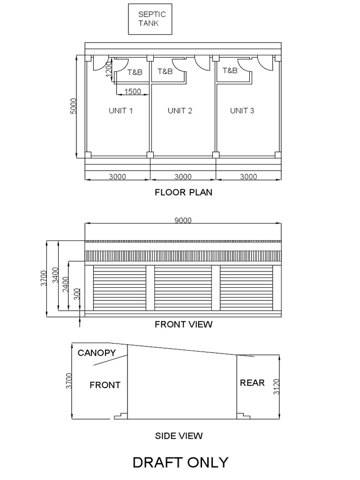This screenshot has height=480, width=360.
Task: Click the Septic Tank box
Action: click(150, 19)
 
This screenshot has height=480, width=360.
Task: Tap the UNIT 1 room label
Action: click(120, 111)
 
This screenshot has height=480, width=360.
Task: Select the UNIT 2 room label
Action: click(180, 111)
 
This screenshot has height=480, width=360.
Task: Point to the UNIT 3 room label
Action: click(242, 111)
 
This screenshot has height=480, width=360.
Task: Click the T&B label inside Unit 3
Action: click(230, 71)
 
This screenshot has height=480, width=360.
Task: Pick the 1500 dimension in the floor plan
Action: click(133, 91)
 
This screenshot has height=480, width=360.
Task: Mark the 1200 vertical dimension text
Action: click(109, 69)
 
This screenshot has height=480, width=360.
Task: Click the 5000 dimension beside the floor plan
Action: click(73, 106)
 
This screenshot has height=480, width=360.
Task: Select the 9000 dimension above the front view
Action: click(183, 221)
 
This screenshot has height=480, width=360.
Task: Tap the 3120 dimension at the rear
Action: click(277, 386)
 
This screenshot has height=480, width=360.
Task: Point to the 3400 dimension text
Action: click(55, 275)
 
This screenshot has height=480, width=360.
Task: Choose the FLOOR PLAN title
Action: click(183, 192)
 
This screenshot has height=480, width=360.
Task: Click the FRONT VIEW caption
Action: click(183, 324)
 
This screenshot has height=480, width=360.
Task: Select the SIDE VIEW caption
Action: click(179, 436)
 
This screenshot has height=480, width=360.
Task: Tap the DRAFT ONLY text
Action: click(180, 463)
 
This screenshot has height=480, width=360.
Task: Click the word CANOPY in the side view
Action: click(97, 353)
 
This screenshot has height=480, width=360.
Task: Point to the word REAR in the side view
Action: click(252, 383)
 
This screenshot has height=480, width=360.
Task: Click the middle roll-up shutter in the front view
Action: click(183, 288)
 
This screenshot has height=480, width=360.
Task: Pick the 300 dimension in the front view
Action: click(77, 294)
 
